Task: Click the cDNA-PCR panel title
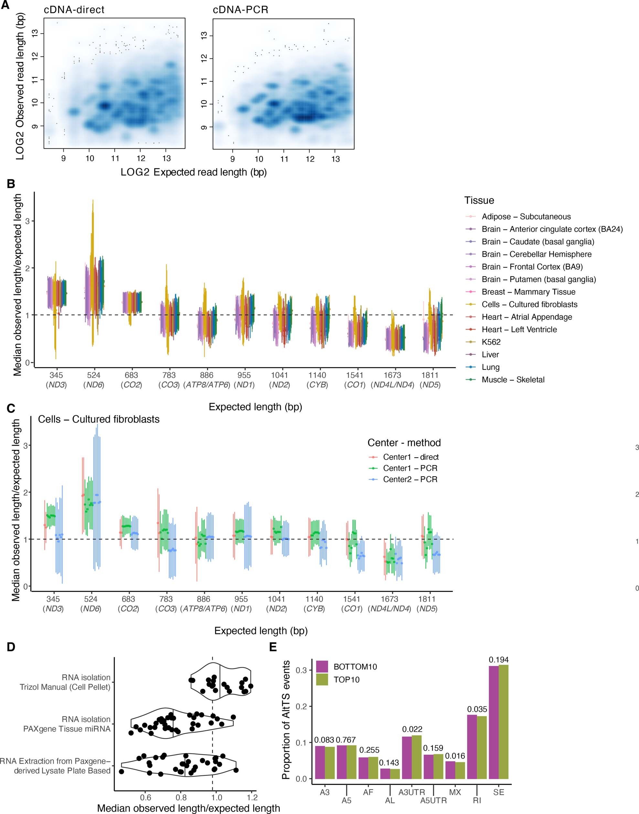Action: point(240,10)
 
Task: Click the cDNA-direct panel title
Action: point(74,10)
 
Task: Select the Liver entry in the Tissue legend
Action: point(490,354)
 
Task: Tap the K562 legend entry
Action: point(491,342)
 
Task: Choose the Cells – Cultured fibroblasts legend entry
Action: point(529,304)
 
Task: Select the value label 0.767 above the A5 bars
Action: point(346,740)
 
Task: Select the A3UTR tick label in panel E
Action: point(411,792)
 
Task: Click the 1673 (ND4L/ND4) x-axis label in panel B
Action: point(392,379)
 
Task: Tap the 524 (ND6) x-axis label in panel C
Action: point(91,604)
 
